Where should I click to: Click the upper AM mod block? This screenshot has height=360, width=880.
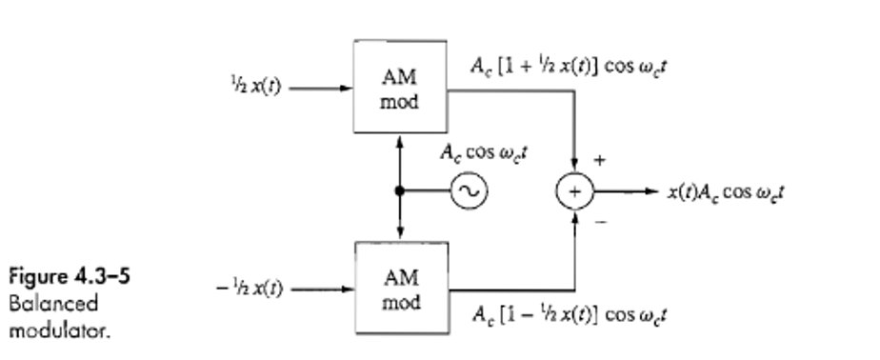pos(399,88)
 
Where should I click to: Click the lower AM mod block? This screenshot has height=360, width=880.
pos(399,288)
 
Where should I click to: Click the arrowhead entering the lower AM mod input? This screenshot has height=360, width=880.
pos(345,289)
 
